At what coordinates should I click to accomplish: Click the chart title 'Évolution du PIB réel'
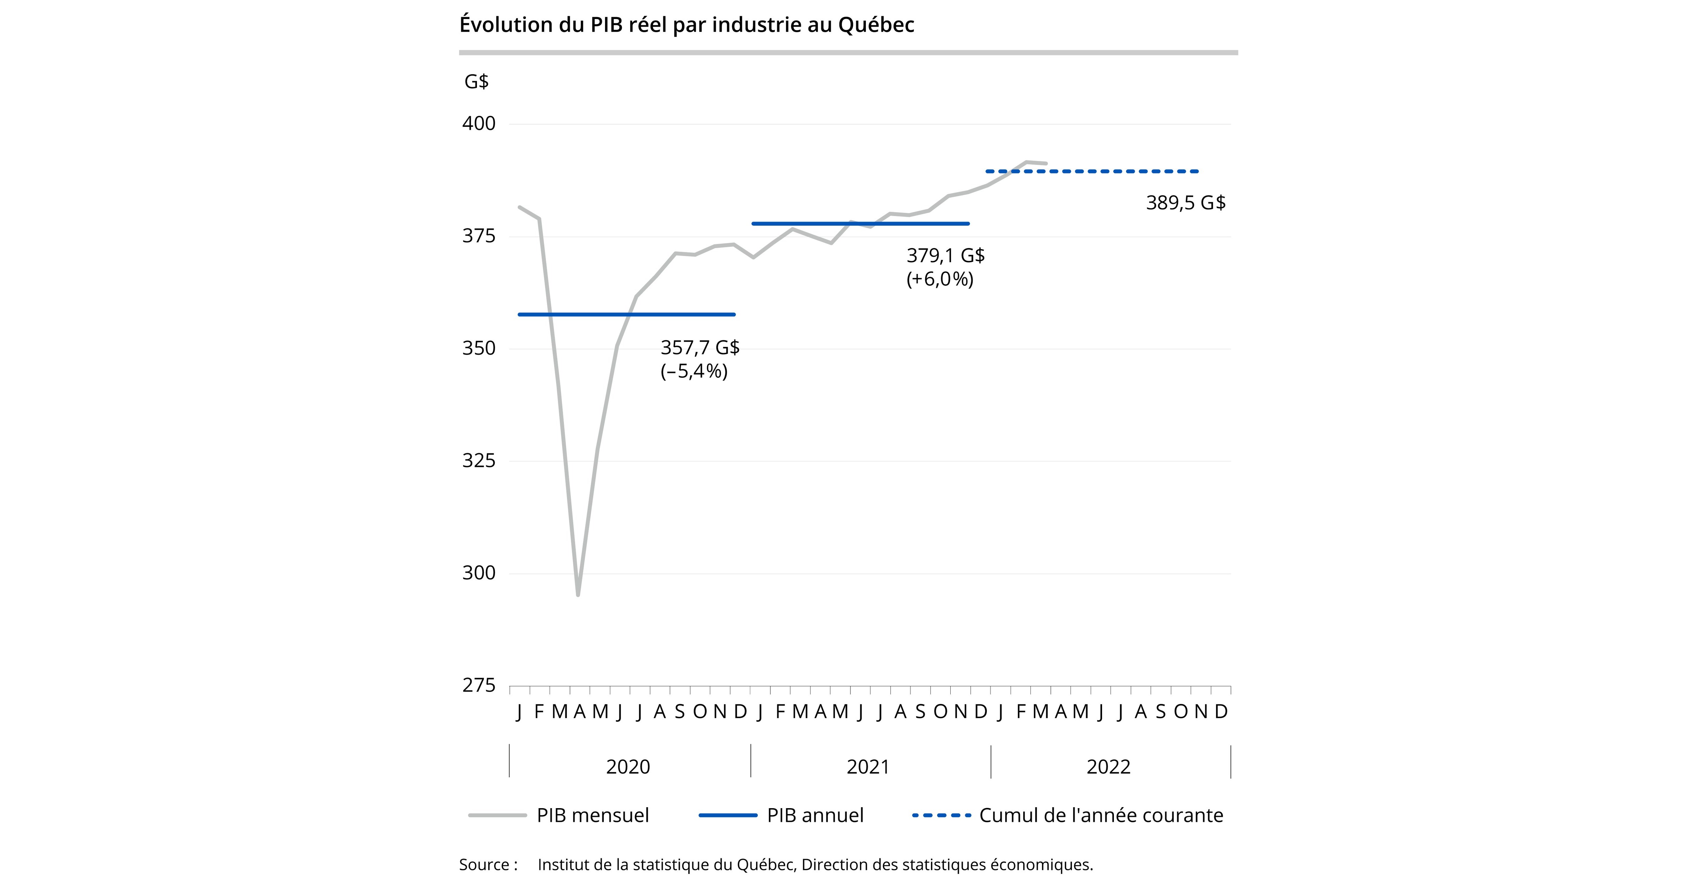pos(687,25)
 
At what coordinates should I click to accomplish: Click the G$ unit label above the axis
pos(476,81)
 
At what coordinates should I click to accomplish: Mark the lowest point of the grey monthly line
pos(578,594)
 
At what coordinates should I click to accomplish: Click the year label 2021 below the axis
pos(868,767)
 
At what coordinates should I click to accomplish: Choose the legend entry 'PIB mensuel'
pos(592,815)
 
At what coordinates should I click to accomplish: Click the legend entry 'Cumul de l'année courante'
pos(1101,815)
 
